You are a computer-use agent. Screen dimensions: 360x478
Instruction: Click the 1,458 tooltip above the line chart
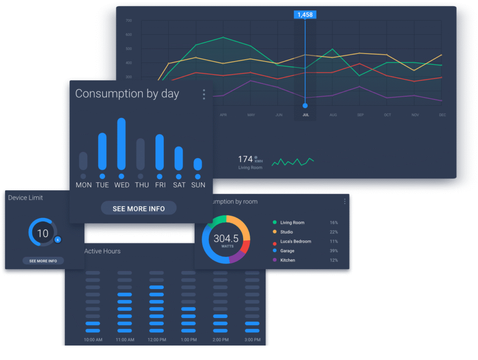[305, 15]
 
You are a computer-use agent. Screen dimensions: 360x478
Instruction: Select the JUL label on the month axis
[305, 115]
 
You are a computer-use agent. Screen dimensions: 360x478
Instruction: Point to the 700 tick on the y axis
[128, 21]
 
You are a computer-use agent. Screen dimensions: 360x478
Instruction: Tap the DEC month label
[442, 115]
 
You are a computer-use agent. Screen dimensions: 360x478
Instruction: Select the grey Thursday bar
[141, 154]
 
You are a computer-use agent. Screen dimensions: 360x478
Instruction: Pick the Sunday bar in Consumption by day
[198, 164]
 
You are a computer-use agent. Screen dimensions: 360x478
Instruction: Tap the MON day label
[84, 185]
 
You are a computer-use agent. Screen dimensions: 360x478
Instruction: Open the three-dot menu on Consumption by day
[204, 95]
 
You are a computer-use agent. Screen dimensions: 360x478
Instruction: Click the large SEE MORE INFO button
[139, 208]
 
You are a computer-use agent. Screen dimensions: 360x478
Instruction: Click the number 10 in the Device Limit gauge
[42, 233]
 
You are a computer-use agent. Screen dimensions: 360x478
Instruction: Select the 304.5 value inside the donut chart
[226, 239]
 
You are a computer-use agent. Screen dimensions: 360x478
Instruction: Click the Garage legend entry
[287, 251]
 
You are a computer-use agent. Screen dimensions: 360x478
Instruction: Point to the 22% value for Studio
[333, 232]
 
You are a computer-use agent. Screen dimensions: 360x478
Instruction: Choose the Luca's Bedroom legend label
[295, 242]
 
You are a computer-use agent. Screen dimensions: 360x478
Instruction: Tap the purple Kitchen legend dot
[274, 260]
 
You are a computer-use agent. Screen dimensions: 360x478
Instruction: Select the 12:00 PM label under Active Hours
[156, 339]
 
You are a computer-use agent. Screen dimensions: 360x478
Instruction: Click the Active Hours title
[102, 251]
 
